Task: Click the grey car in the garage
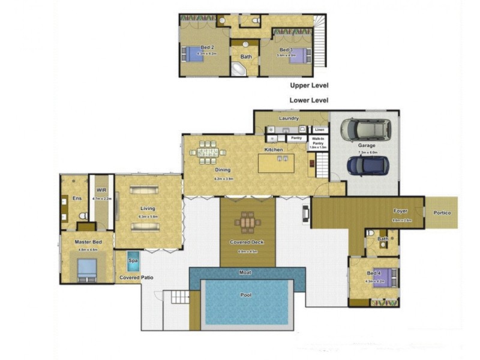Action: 365,128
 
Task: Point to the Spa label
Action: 133,261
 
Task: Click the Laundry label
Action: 289,118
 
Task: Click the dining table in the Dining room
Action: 205,152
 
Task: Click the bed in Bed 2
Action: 194,55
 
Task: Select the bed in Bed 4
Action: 382,278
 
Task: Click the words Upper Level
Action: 308,85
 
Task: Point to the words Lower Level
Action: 308,100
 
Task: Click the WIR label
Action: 101,190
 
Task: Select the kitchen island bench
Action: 276,163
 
